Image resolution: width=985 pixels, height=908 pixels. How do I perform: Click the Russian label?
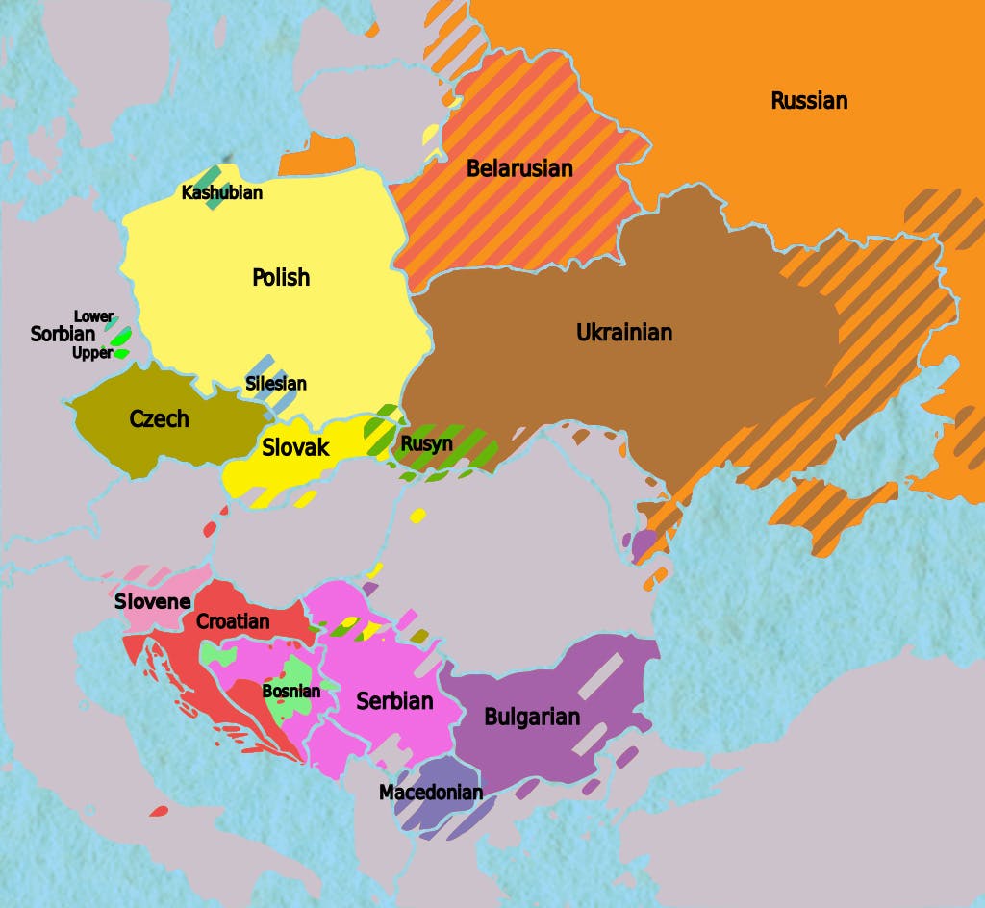[809, 101]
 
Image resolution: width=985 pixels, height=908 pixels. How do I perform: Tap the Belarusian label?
[519, 169]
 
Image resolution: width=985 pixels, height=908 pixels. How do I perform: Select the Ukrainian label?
[624, 333]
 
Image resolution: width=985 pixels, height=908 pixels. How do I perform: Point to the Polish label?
[281, 278]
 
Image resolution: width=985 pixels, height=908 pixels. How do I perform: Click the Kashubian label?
[222, 193]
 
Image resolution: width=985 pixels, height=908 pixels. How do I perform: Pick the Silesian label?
[276, 384]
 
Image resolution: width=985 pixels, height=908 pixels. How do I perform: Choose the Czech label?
[160, 419]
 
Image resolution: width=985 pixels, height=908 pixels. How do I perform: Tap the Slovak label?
[295, 447]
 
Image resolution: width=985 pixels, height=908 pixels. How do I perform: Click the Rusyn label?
[426, 444]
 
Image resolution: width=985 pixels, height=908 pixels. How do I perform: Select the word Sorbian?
[63, 335]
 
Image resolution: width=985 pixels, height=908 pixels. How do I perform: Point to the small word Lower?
[93, 316]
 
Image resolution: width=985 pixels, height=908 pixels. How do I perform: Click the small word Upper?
[92, 353]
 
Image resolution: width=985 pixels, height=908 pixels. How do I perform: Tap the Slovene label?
[152, 602]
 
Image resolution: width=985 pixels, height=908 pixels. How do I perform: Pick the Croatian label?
[233, 622]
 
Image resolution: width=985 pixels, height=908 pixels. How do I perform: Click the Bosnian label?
[290, 691]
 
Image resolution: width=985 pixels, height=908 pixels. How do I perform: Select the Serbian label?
[394, 701]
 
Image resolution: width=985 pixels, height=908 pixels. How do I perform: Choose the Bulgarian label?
[532, 718]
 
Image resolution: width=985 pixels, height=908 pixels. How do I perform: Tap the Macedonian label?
[431, 793]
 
